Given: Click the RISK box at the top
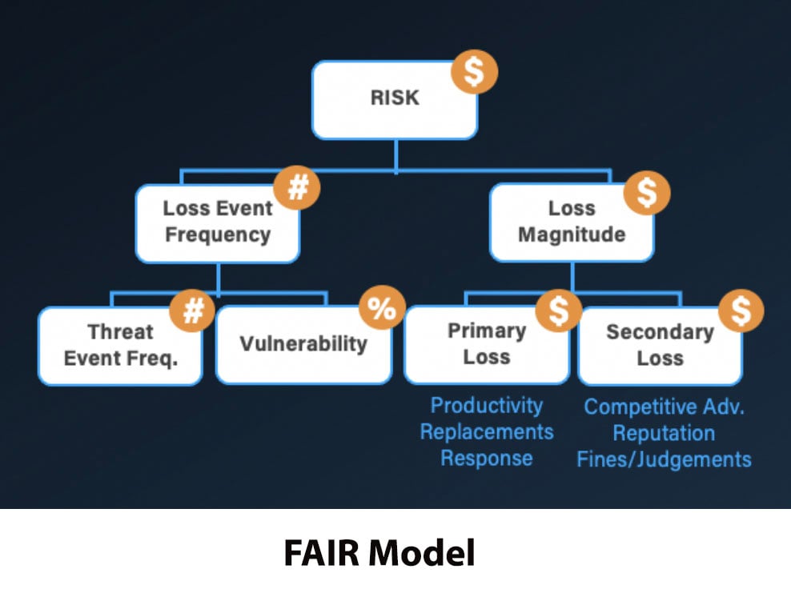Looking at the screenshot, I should tap(394, 99).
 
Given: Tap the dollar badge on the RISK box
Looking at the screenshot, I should tap(473, 71).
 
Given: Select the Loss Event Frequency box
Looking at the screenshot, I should tap(217, 222).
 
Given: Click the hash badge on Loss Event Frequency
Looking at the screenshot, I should tap(297, 189).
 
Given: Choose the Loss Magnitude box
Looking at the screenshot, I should tap(572, 222).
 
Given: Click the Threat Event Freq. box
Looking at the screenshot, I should tap(120, 345).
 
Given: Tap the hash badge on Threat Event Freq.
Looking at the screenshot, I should tap(193, 310).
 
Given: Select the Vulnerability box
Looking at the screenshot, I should tap(303, 344).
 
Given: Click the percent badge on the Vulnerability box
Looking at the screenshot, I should tap(381, 308).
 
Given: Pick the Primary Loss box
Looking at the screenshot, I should tap(486, 344).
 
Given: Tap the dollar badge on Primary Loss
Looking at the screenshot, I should tap(558, 311).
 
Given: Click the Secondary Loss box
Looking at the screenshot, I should tap(660, 345).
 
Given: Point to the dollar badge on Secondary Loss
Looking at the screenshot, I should tap(741, 311).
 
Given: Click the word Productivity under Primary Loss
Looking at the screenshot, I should tap(486, 405).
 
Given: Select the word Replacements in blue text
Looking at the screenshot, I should tap(486, 431).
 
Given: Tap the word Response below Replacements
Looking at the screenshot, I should tap(486, 459).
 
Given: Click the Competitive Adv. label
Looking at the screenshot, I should tap(664, 407).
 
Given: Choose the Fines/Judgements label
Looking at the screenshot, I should tap(664, 459).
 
